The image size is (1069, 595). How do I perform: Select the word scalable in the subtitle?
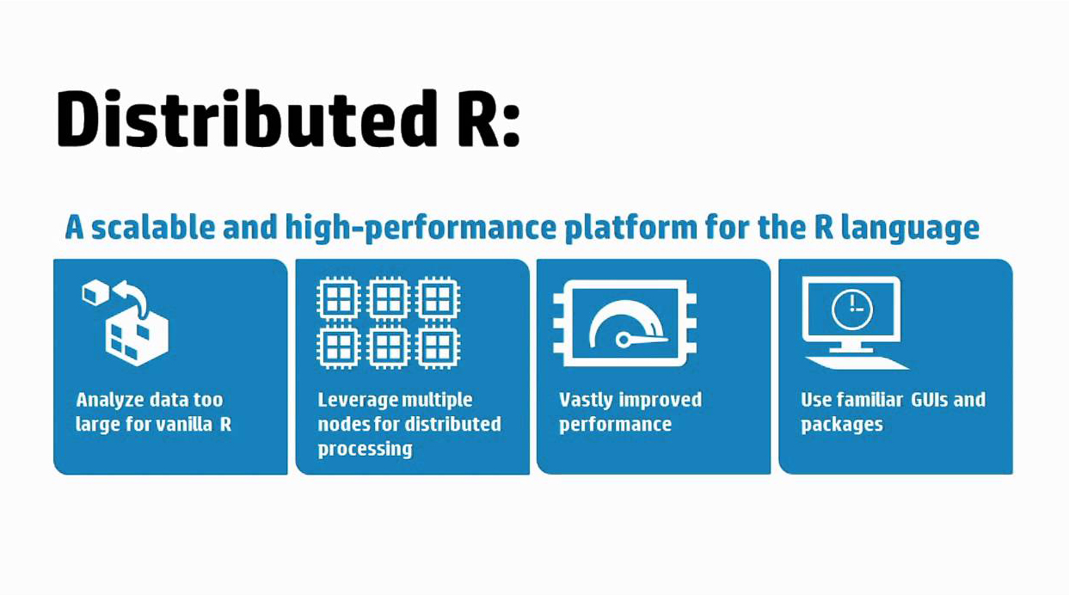tap(153, 227)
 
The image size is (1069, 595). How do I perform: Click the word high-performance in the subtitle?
tap(421, 228)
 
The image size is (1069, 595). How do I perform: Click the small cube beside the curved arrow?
tap(96, 292)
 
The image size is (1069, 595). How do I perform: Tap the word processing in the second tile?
tap(366, 449)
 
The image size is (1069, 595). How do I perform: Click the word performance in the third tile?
tap(615, 425)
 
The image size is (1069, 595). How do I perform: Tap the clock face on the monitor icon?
tap(852, 310)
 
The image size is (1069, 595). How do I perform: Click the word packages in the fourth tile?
tap(842, 425)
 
